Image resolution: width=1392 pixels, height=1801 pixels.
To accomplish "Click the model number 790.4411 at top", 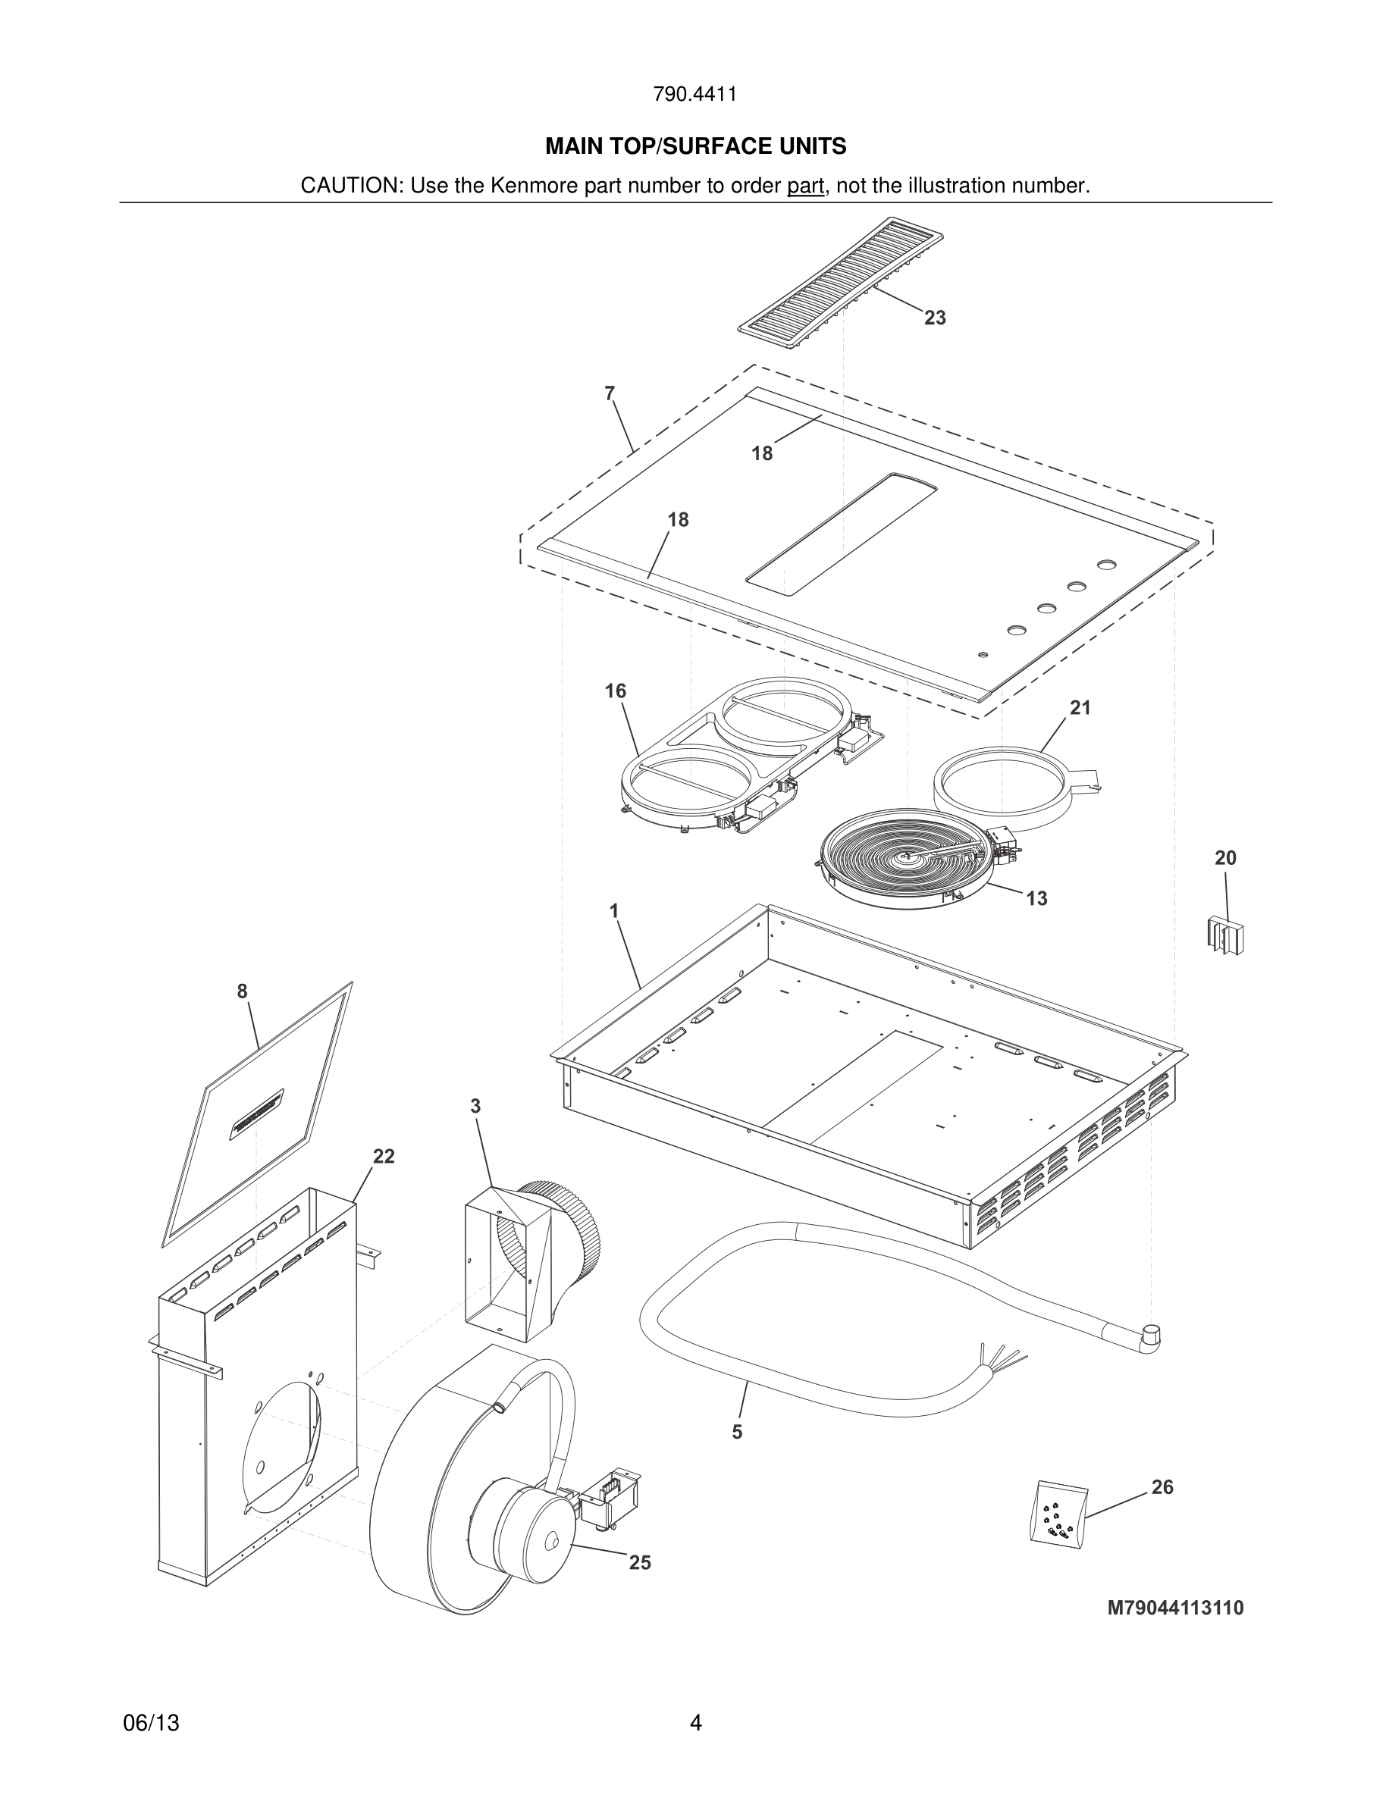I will [694, 95].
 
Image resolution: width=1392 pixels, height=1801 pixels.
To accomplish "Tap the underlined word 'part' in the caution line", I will [805, 186].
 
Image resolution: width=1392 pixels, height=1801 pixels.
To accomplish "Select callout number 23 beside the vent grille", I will [934, 318].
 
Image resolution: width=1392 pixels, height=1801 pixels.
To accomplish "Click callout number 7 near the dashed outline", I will [610, 394].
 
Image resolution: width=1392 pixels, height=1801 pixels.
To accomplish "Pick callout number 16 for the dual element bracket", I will [615, 691].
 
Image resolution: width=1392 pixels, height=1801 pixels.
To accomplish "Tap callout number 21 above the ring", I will [1080, 707].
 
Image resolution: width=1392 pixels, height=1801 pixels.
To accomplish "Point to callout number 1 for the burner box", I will [613, 911].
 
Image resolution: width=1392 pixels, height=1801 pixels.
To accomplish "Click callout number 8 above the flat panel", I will [242, 992].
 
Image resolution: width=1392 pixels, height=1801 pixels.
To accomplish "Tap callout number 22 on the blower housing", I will [384, 1157].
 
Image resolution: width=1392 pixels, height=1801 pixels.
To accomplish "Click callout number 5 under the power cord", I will [736, 1433].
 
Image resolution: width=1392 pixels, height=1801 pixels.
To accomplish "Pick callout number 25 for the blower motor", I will [640, 1563].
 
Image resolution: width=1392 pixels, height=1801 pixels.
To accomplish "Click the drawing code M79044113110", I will [1175, 1608].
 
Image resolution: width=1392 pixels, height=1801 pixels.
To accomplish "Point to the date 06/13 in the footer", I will [151, 1723].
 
